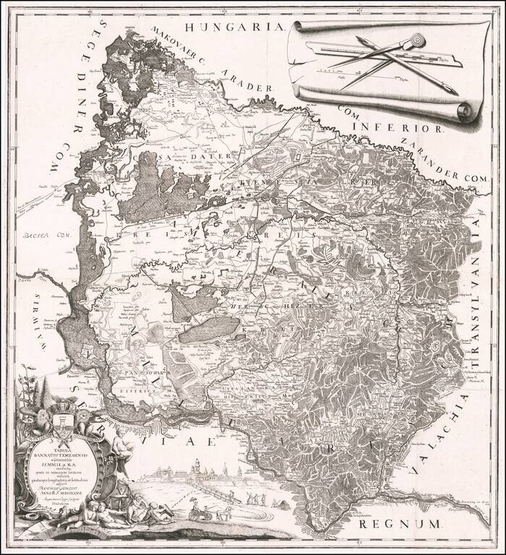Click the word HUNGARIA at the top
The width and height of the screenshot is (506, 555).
click(x=231, y=27)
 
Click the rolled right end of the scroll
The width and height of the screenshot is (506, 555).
click(x=463, y=112)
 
